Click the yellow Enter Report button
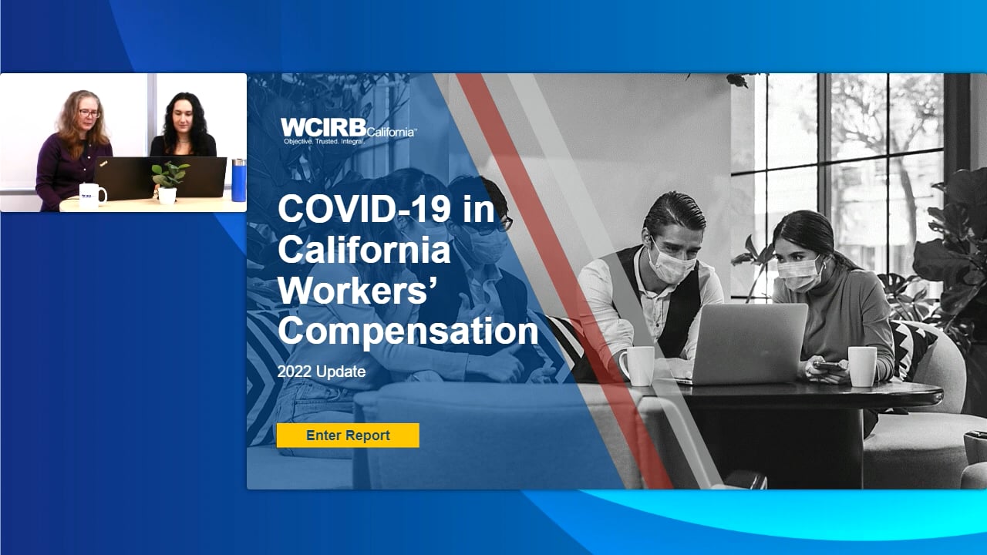point(348,436)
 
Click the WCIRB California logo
point(348,131)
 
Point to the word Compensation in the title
point(408,331)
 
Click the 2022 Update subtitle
point(322,372)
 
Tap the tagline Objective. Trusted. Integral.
point(325,141)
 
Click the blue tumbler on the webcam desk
point(239,180)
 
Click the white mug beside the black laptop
point(93,195)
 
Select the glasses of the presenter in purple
point(89,113)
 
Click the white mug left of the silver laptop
point(637,365)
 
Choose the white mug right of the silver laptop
point(862,366)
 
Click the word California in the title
point(364,251)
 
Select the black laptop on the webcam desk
point(160,177)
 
